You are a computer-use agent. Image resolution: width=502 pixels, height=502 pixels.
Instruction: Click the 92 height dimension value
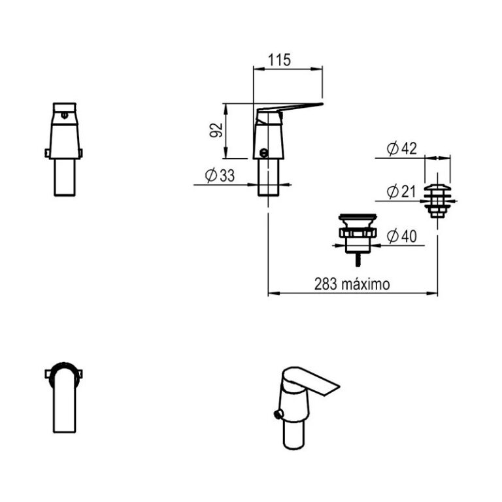(218, 130)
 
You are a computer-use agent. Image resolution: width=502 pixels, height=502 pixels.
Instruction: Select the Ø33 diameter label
(220, 175)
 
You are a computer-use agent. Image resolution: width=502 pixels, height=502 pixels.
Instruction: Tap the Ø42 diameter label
(401, 149)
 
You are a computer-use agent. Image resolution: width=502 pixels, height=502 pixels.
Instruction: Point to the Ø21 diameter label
(401, 192)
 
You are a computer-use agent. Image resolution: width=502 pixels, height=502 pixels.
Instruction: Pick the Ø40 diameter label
(401, 236)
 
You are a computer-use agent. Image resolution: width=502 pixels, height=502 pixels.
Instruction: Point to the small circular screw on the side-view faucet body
(263, 154)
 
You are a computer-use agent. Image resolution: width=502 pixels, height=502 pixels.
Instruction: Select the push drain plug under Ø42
(437, 197)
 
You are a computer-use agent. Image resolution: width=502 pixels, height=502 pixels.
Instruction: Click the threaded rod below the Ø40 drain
(357, 258)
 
